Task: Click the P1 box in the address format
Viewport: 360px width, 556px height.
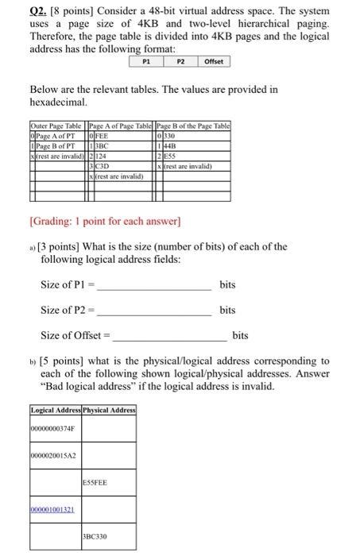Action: [145, 61]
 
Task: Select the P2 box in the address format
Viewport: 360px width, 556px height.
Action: [180, 61]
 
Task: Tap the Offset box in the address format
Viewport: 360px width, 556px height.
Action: [214, 61]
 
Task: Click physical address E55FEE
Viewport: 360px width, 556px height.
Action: [95, 482]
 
